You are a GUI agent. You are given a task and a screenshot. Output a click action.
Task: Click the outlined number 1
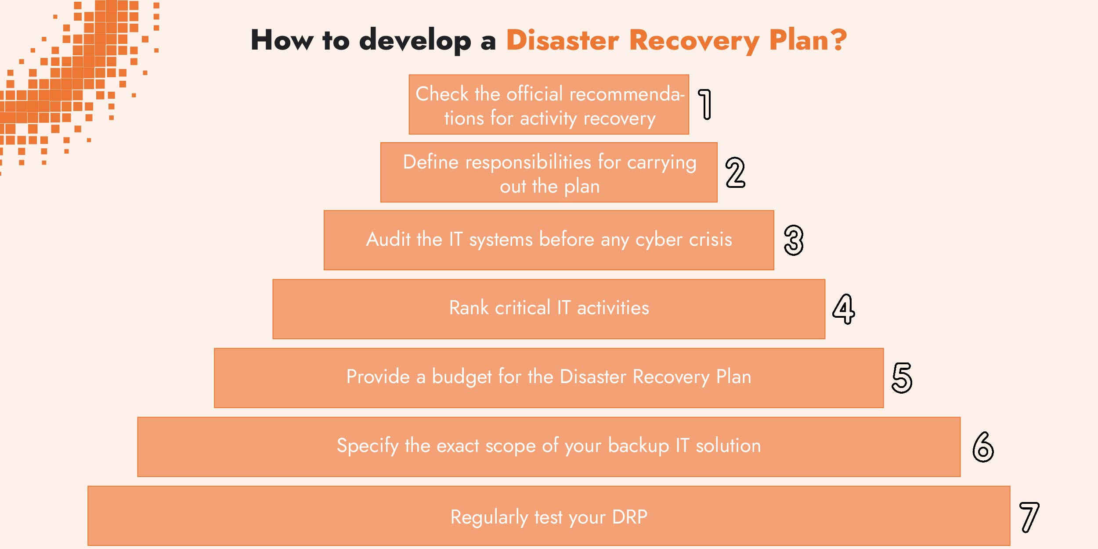pyautogui.click(x=705, y=104)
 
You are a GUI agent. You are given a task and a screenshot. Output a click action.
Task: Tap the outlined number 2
pyautogui.click(x=735, y=172)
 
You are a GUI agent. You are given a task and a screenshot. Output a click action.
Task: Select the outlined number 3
pyautogui.click(x=794, y=240)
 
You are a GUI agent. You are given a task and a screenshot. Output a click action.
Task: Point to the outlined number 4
pyautogui.click(x=843, y=309)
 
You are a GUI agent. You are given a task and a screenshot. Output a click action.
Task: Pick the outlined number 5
pyautogui.click(x=902, y=378)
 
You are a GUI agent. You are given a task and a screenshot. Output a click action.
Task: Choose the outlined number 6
pyautogui.click(x=983, y=447)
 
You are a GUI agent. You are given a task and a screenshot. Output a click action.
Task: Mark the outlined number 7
pyautogui.click(x=1029, y=517)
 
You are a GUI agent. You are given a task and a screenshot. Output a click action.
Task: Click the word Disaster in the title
pyautogui.click(x=563, y=40)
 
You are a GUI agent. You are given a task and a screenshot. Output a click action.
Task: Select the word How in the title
pyautogui.click(x=282, y=40)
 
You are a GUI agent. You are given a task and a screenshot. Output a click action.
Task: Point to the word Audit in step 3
pyautogui.click(x=388, y=240)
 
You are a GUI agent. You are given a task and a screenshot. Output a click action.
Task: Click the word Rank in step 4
pyautogui.click(x=469, y=308)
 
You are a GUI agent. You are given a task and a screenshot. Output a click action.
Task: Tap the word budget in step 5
pyautogui.click(x=462, y=377)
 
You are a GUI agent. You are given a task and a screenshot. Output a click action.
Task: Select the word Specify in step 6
pyautogui.click(x=367, y=446)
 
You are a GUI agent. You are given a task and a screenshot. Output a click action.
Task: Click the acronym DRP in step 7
pyautogui.click(x=629, y=517)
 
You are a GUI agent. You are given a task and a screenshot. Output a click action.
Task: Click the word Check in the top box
pyautogui.click(x=442, y=94)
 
